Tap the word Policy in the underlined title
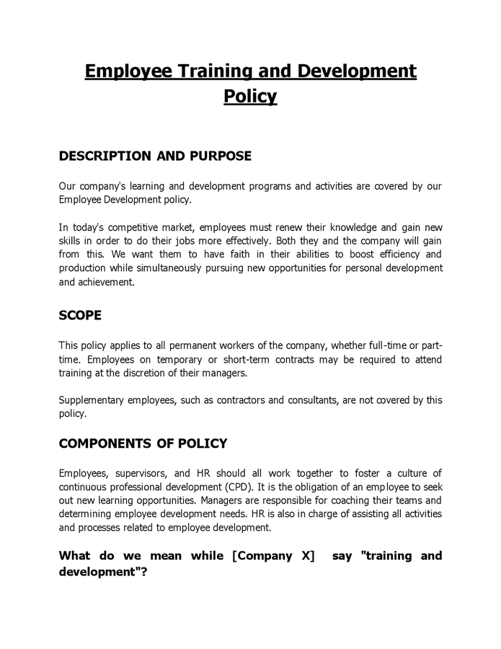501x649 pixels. point(250,97)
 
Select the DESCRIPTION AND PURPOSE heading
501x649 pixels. point(155,156)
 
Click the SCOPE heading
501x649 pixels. point(80,315)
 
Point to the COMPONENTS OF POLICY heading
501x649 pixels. point(143,443)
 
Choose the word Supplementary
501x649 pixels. point(91,400)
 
